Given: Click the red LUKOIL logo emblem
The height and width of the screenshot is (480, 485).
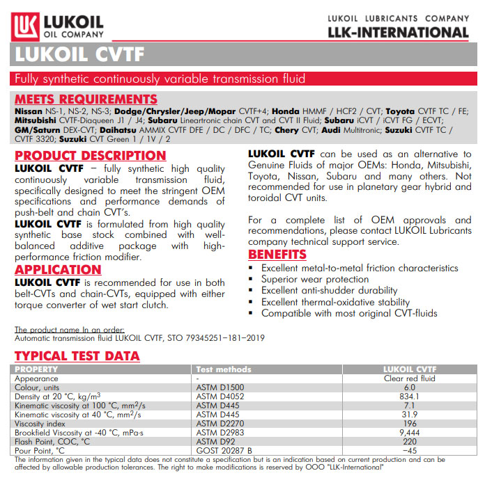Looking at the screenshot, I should point(26,27).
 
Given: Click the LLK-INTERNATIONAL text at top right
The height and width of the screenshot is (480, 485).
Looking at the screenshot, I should point(398,32).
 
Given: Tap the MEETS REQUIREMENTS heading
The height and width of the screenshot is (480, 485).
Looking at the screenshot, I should point(86,99).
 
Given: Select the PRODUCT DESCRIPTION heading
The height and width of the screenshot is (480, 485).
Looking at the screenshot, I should point(91,155).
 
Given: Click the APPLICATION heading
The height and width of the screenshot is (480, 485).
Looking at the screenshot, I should point(59,269).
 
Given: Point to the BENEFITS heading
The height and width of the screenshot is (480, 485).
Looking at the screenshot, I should point(277,254).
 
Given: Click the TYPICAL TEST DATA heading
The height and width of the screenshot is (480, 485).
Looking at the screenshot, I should point(77,356).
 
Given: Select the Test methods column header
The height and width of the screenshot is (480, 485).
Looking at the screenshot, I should point(224,369).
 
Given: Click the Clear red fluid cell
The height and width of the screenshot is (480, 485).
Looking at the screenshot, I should point(410,378).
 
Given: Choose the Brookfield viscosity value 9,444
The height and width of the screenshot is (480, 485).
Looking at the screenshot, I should point(410,432).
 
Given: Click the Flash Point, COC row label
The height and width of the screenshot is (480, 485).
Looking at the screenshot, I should point(52,441).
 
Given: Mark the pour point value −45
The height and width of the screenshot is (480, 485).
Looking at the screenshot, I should point(410,450).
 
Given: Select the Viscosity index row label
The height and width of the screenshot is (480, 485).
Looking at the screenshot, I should point(40,423).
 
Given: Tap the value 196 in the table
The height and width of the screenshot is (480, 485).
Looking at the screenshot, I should point(410,423).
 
